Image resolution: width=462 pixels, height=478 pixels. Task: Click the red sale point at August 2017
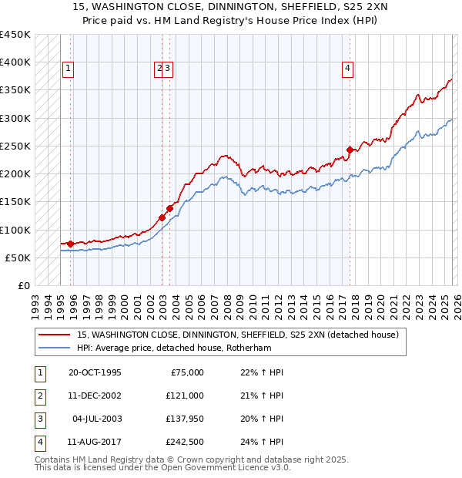pos(350,150)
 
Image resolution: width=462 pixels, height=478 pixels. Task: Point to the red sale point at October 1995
pos(70,244)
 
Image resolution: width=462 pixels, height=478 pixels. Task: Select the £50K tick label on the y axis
pos(18,258)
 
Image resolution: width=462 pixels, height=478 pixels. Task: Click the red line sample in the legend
pos(55,335)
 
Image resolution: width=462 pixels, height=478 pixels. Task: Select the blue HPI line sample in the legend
pos(55,348)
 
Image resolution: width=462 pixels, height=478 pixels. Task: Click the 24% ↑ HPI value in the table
pos(261,443)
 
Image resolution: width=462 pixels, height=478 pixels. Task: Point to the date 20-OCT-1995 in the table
pos(95,372)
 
